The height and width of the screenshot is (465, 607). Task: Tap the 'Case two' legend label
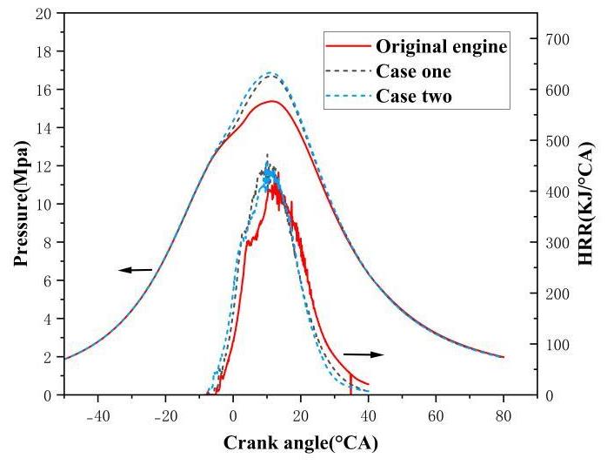click(x=413, y=95)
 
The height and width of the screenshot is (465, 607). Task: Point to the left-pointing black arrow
click(x=135, y=270)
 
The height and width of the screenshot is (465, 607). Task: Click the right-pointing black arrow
click(x=363, y=354)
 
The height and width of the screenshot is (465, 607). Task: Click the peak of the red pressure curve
click(x=272, y=101)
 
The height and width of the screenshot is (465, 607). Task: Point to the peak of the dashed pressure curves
click(x=270, y=73)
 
